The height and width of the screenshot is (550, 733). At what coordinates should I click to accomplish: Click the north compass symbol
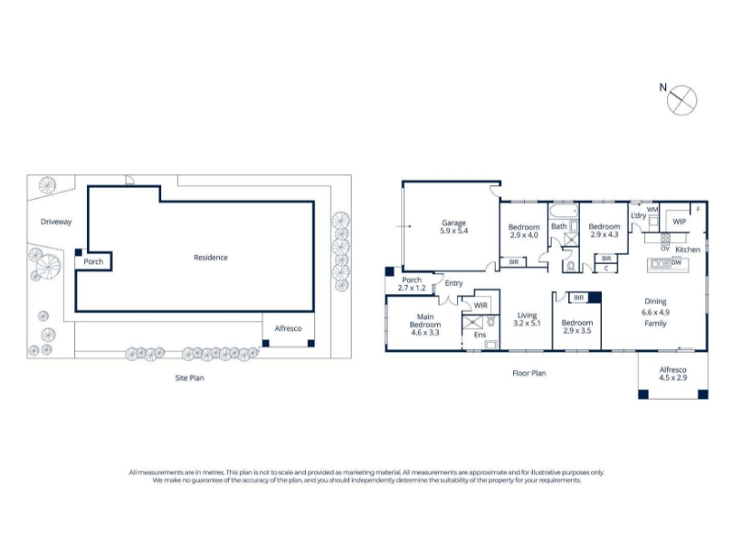point(682,100)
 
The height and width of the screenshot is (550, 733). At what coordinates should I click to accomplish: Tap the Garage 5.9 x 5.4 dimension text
point(454,231)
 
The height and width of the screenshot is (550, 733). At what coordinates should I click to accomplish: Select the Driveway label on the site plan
point(56,222)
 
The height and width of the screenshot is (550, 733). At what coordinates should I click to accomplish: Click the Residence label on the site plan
point(211,258)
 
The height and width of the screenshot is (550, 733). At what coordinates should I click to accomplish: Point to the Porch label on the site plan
point(93,261)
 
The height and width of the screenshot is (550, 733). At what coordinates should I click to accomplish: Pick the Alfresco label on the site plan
point(288,328)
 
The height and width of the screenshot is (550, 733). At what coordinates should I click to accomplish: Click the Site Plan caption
point(190,378)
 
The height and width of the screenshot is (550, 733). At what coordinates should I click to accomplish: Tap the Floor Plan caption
point(530,373)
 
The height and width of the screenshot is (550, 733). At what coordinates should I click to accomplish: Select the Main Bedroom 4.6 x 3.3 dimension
point(425,333)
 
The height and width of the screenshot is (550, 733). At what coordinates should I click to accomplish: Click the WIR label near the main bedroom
point(480,305)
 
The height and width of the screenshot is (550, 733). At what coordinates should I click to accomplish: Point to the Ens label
point(480,335)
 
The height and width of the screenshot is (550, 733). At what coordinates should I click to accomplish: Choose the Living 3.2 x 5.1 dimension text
point(527,324)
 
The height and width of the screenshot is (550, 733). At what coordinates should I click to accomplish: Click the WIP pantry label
point(679,221)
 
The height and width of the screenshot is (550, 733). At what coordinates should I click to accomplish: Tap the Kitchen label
point(688,249)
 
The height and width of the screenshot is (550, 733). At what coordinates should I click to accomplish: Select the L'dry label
point(638,215)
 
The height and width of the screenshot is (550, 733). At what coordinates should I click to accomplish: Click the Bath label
point(559,226)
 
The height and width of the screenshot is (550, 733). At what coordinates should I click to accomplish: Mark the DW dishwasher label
point(676,262)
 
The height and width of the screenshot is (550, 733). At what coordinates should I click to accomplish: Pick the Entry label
point(454,283)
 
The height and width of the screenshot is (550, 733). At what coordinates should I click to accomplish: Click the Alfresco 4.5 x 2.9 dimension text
point(673,378)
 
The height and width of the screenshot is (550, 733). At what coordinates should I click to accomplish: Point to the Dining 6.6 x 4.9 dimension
point(655,313)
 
